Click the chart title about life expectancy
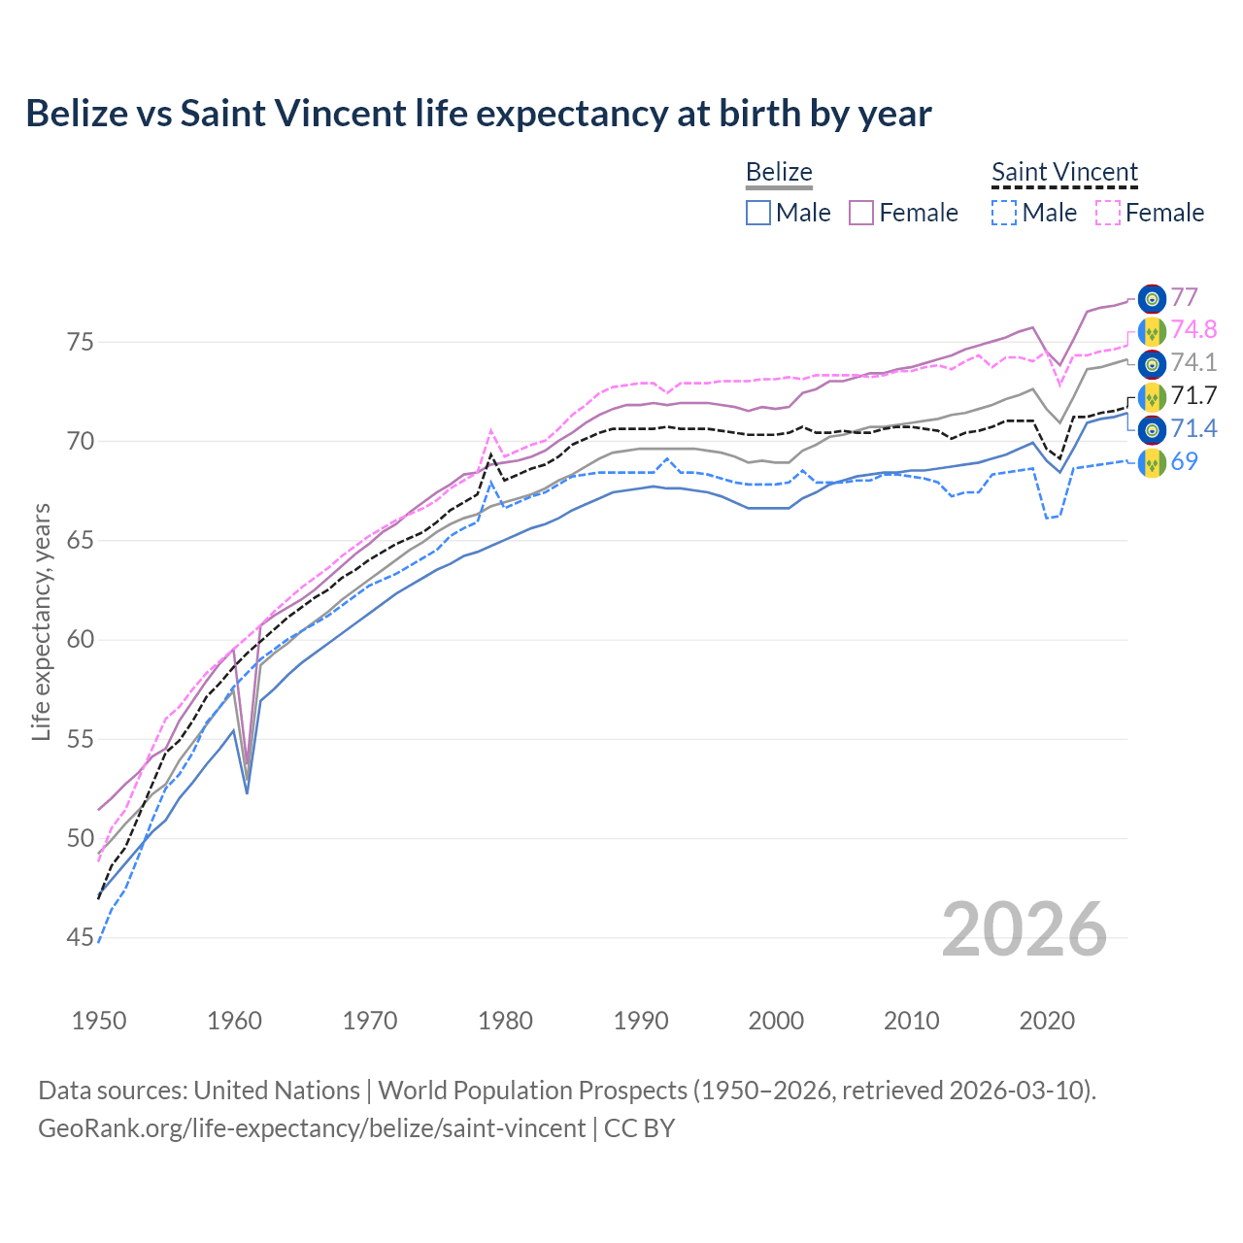(478, 114)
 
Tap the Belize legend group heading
(779, 173)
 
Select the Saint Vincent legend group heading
(1064, 173)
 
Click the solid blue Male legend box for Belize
(758, 213)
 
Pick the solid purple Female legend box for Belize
(862, 213)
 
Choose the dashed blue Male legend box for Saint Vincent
(1004, 213)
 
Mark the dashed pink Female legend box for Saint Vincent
(1108, 213)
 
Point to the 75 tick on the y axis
(80, 343)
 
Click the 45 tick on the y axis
(80, 938)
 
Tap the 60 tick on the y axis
(80, 640)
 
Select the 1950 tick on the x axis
(99, 1021)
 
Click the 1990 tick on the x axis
(641, 1021)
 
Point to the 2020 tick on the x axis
(1047, 1021)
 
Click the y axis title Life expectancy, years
(41, 621)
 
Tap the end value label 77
(1184, 297)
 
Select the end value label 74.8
(1193, 330)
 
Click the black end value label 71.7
(1193, 395)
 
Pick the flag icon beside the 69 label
(1152, 462)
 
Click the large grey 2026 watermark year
(1024, 929)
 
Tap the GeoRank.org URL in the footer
(311, 1128)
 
